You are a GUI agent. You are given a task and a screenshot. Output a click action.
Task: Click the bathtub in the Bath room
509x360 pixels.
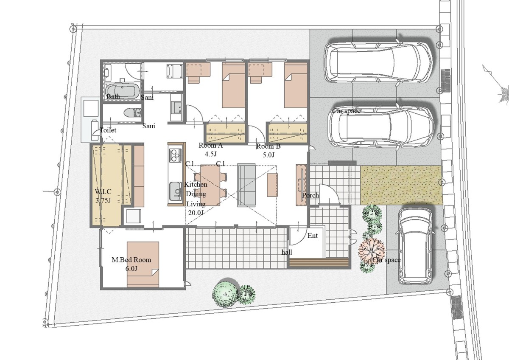[x=123, y=91]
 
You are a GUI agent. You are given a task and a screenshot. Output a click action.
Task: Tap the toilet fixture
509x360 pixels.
[x=133, y=113]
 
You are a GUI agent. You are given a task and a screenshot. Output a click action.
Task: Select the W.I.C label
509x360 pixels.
[x=103, y=191]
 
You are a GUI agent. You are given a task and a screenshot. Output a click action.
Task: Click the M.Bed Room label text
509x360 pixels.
[x=131, y=260]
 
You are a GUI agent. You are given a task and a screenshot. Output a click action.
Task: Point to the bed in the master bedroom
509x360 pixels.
[x=143, y=264]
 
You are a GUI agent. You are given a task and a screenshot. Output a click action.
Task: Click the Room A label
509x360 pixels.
[x=211, y=145]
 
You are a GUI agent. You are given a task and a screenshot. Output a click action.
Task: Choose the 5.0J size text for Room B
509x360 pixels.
[x=268, y=155]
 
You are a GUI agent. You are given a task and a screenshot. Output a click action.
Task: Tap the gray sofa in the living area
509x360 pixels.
[x=246, y=185]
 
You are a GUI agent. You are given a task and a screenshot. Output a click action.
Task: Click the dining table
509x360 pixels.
[x=210, y=186]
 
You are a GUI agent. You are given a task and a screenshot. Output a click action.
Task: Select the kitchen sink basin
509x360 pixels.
[x=175, y=191]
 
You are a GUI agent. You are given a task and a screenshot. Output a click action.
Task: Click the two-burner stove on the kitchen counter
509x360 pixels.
[x=175, y=155]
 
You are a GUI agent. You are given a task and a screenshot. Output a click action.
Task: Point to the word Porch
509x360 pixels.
[x=310, y=195]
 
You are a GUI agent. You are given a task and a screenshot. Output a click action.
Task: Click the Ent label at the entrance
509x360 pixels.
[x=313, y=236]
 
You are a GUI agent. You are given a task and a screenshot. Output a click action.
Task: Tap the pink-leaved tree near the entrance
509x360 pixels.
[x=372, y=250]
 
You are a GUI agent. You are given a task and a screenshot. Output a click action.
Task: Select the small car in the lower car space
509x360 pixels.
[x=415, y=246]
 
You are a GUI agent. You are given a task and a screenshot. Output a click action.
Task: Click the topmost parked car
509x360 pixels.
[x=378, y=62]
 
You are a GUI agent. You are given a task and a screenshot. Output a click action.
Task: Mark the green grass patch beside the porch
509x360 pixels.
[x=401, y=185]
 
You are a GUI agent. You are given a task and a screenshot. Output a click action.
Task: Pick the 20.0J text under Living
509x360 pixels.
[x=196, y=213]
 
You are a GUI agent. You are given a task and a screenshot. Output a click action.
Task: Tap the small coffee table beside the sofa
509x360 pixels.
[x=272, y=185]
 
